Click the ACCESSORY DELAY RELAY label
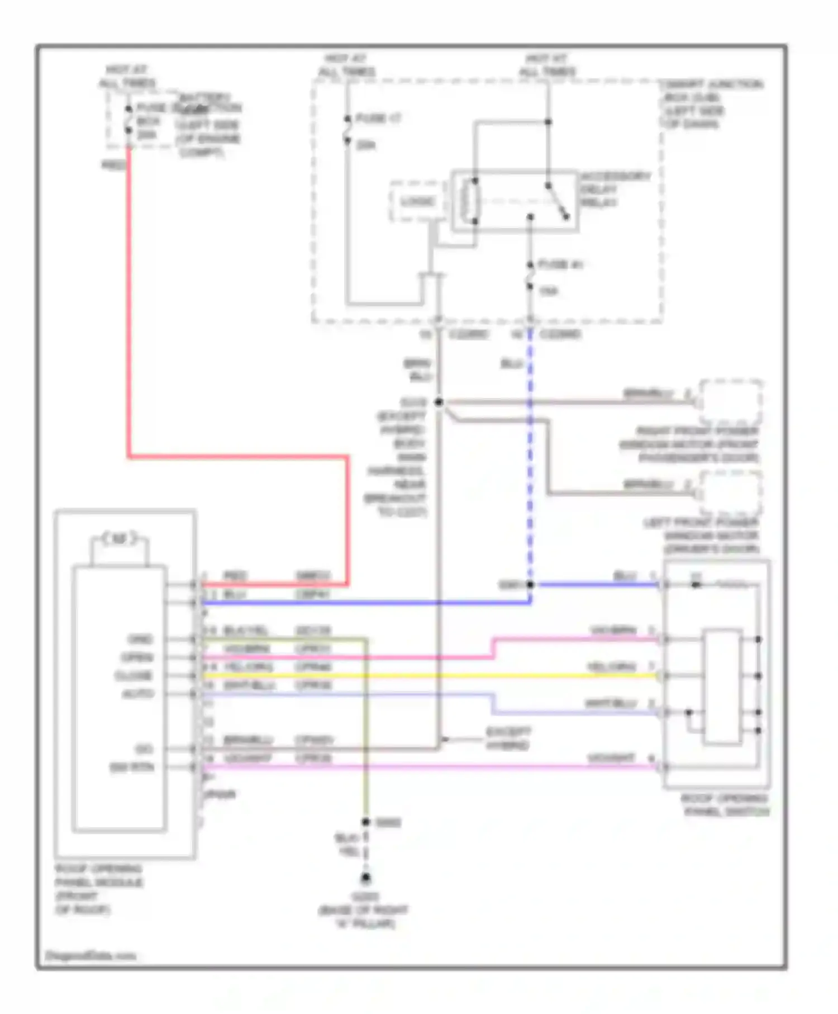click(615, 189)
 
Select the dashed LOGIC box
click(417, 201)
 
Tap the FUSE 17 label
click(378, 119)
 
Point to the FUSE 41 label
click(560, 264)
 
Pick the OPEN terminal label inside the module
click(137, 657)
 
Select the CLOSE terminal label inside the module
click(134, 676)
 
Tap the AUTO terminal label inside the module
click(137, 694)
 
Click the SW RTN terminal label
click(132, 767)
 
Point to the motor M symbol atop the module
click(120, 539)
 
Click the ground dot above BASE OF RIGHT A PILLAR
click(365, 878)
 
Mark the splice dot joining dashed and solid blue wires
click(530, 585)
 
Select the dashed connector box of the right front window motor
click(731, 401)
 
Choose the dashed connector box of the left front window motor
click(731, 493)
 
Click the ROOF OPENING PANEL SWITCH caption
click(726, 805)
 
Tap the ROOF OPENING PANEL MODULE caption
click(98, 889)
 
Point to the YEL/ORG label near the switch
click(611, 667)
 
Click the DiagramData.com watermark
click(91, 956)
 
